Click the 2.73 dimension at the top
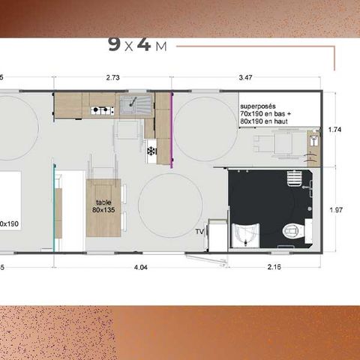tap(113, 77)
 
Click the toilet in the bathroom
tap(289, 231)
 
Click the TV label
tap(199, 232)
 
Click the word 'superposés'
tap(256, 98)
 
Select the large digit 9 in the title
tap(114, 44)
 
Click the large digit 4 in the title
tap(144, 44)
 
